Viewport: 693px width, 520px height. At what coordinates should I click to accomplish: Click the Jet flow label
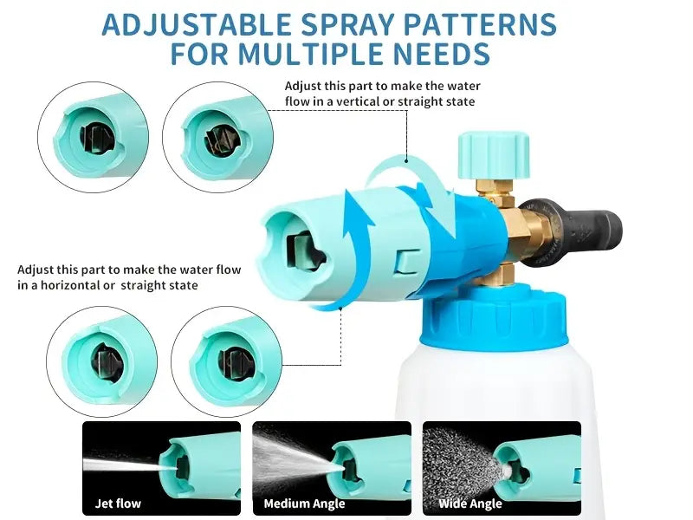pos(118,504)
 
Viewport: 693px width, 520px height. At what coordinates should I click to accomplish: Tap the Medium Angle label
pos(304,504)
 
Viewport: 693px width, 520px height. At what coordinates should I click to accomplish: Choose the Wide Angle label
pos(470,504)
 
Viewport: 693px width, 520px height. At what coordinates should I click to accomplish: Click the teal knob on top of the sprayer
pos(493,155)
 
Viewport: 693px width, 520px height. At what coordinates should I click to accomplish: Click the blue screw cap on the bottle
pos(494,315)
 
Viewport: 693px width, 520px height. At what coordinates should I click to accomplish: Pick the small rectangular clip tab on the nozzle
pos(408,262)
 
